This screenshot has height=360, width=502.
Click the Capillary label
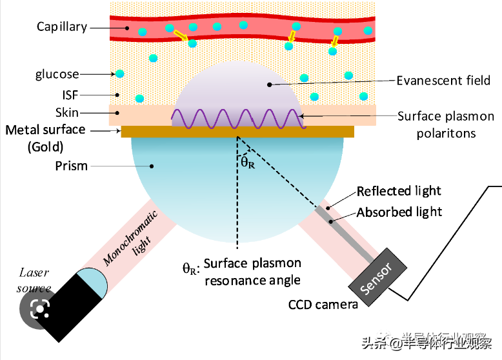click(x=61, y=27)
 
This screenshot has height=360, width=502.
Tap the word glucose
click(x=57, y=75)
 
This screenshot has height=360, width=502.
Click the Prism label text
click(x=71, y=166)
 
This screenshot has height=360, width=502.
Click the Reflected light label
click(x=399, y=191)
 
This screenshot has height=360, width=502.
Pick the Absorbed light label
click(x=399, y=212)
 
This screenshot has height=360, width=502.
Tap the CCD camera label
click(x=323, y=304)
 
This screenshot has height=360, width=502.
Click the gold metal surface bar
click(x=237, y=132)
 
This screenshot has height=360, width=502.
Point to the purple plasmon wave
click(x=237, y=119)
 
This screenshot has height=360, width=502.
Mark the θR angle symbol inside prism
click(x=248, y=163)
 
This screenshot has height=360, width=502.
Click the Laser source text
click(x=34, y=281)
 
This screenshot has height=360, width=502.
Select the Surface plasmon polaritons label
click(x=445, y=125)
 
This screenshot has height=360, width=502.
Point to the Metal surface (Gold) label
click(x=45, y=137)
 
